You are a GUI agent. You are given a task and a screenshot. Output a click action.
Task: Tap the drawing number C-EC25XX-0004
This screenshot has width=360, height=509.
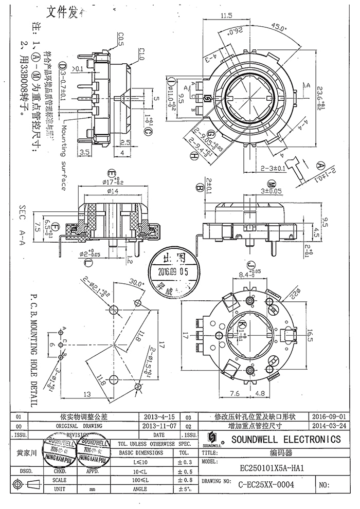pyautogui.click(x=267, y=484)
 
